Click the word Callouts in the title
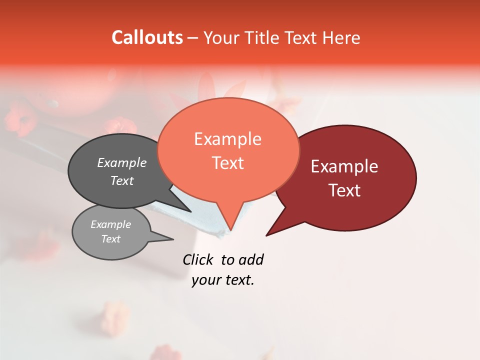click(x=147, y=37)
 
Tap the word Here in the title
click(x=341, y=37)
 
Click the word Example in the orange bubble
click(x=227, y=139)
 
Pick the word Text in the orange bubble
click(x=227, y=163)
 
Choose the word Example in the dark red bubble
click(x=344, y=166)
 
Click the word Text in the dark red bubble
click(x=344, y=190)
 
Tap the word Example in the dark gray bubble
click(x=122, y=162)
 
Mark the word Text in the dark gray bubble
click(x=122, y=180)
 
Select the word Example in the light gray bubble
click(x=110, y=224)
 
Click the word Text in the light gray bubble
click(x=110, y=239)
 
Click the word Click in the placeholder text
click(x=197, y=259)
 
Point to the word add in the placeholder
click(x=251, y=259)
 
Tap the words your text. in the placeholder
click(x=223, y=280)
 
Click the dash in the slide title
click(x=194, y=38)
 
